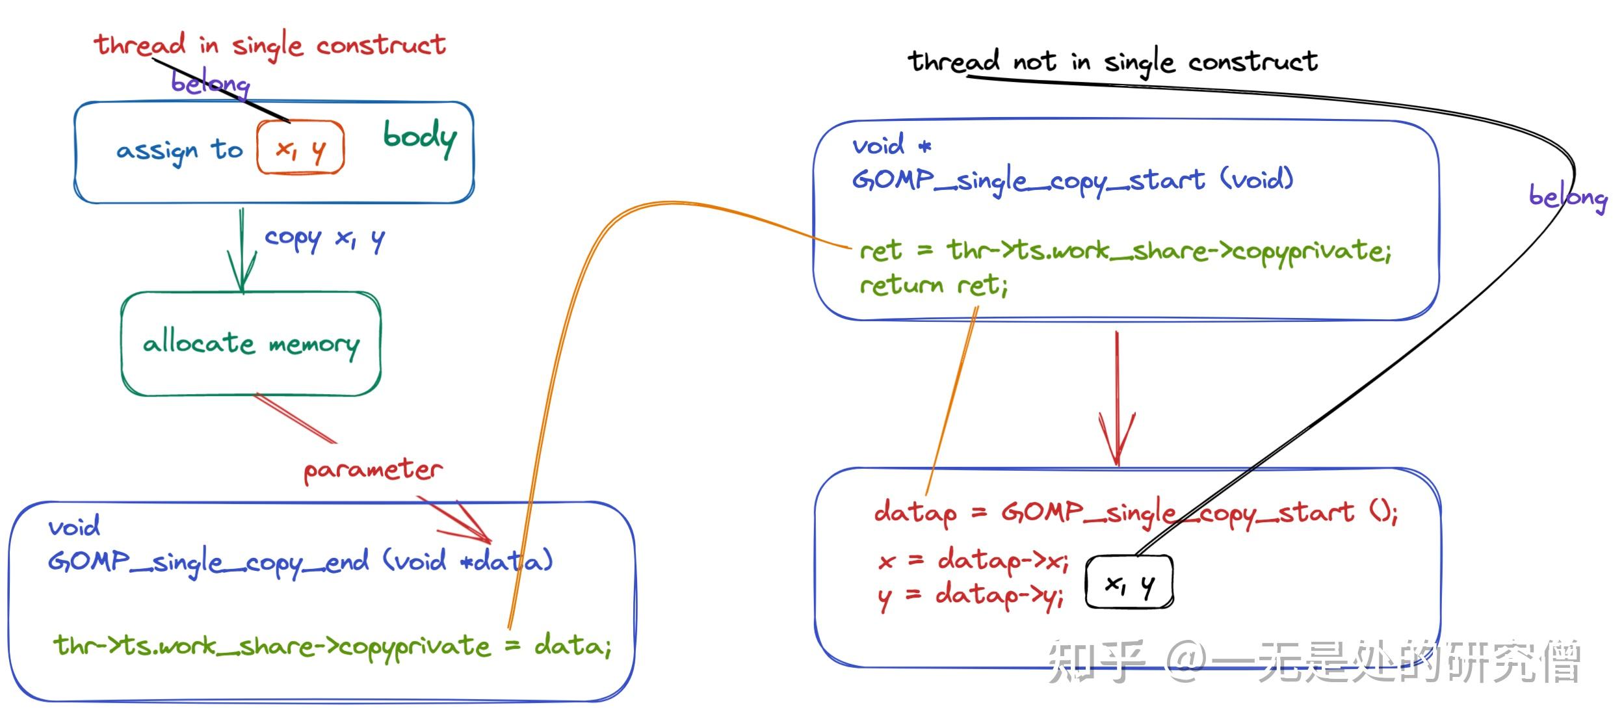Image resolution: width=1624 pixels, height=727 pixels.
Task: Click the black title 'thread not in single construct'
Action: point(1112,62)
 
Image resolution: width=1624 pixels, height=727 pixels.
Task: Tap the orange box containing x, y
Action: point(300,149)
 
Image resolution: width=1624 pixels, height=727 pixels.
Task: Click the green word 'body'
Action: point(419,137)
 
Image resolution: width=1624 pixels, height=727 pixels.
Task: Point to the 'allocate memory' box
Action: point(251,343)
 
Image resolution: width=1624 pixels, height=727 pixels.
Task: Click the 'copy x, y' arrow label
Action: point(324,239)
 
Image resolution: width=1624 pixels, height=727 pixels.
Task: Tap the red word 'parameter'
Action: point(373,469)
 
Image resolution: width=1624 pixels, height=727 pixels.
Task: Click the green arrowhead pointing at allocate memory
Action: point(242,276)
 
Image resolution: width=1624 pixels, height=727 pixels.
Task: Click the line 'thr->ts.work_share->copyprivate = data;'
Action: point(332,646)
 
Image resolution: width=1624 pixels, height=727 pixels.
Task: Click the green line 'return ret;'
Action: point(933,285)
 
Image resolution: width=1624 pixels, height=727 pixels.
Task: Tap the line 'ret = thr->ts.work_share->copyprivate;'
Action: point(1124,251)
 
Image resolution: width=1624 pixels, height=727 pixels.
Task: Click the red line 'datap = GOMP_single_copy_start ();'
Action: point(1134,513)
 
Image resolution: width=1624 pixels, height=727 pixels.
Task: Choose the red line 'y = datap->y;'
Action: point(971,596)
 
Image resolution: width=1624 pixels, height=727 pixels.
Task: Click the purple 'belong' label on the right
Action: point(1567,196)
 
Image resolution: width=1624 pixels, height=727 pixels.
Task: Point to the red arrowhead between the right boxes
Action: point(1116,442)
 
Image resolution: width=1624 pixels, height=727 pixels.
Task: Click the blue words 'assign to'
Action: point(179,152)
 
